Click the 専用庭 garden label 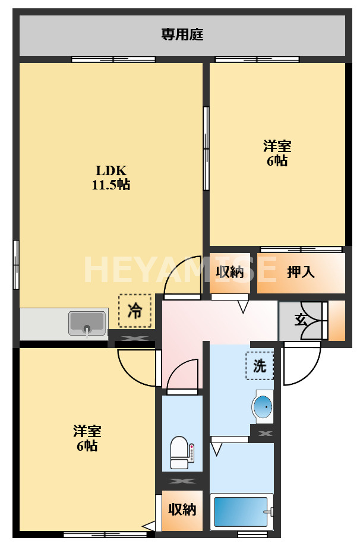[182, 35]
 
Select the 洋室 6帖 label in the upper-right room [277, 153]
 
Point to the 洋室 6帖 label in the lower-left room [87, 438]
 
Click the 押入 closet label [301, 272]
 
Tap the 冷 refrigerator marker [135, 311]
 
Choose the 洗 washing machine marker [260, 366]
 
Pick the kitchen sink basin [87, 323]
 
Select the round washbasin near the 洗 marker [263, 407]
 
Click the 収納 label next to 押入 [229, 272]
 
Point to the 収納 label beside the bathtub [182, 510]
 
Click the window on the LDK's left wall [16, 264]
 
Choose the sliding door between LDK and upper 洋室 [206, 148]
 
